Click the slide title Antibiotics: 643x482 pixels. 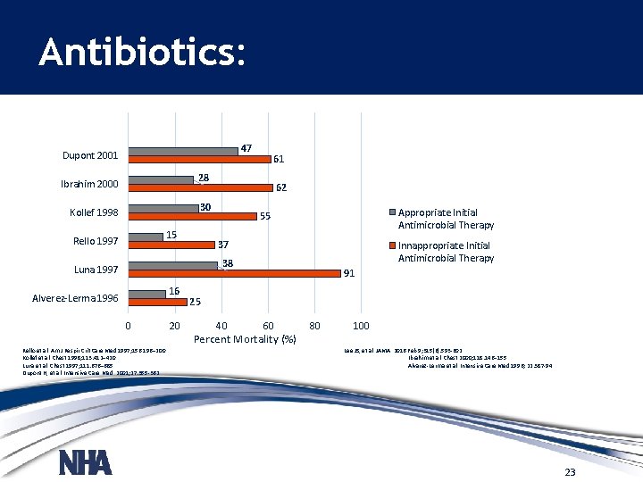[x=140, y=54]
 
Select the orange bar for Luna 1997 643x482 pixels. [x=235, y=273]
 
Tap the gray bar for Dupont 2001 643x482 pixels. [x=183, y=151]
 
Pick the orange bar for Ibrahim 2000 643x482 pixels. [x=200, y=187]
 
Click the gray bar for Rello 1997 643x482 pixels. [x=146, y=237]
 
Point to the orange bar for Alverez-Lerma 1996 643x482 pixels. [x=157, y=302]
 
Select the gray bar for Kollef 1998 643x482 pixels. [x=163, y=208]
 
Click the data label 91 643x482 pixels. [x=350, y=274]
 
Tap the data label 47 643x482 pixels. [x=246, y=148]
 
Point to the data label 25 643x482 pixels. [x=195, y=302]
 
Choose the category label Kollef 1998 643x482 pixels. [x=94, y=212]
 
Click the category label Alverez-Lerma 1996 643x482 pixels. [x=75, y=298]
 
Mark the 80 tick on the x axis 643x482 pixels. [x=314, y=325]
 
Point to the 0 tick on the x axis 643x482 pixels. [x=129, y=325]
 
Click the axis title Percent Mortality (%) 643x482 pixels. [x=245, y=339]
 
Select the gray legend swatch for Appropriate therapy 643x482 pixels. [x=392, y=212]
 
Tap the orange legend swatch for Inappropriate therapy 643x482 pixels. [x=392, y=245]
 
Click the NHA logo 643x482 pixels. [x=85, y=462]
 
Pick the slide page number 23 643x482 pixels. [x=570, y=471]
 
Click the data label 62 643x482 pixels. [x=281, y=188]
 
